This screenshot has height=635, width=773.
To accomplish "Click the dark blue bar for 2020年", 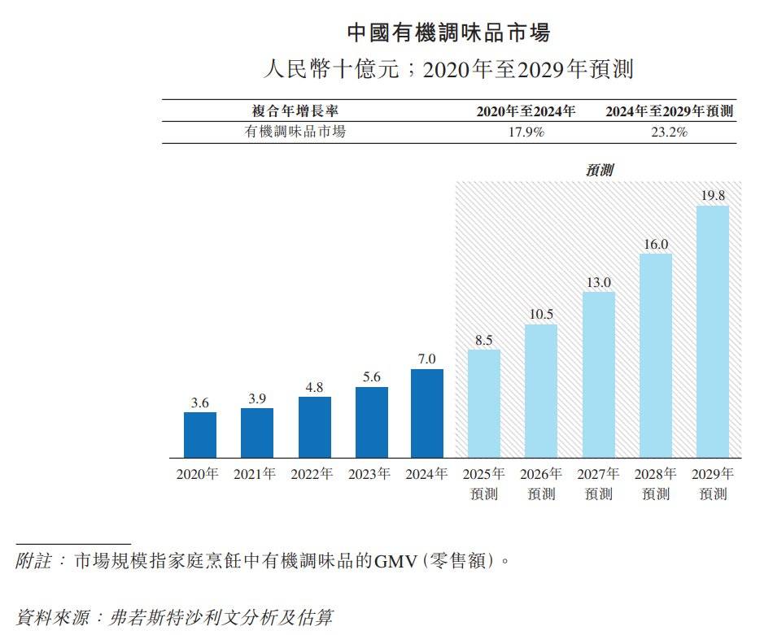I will click(x=200, y=435).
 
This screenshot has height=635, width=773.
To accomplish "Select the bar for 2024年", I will click(x=427, y=413).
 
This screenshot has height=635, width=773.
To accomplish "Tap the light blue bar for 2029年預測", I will click(x=713, y=332).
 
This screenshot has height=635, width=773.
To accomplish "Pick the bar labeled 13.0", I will click(x=599, y=375).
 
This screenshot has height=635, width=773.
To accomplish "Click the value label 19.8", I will click(x=713, y=195).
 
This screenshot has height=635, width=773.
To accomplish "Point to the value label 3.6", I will click(x=200, y=402).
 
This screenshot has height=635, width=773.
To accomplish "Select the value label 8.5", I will click(x=483, y=340).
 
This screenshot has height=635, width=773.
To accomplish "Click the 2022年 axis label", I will click(x=312, y=474).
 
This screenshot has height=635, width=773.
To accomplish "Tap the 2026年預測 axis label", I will click(x=541, y=484).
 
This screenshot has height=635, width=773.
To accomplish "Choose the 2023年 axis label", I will click(x=369, y=474).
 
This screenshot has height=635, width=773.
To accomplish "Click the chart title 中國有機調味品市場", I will click(x=449, y=33).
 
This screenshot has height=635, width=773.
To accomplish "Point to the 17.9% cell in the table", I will click(x=526, y=132).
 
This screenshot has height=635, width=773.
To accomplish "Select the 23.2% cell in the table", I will click(x=669, y=132).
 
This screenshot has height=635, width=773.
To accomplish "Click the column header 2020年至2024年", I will click(x=526, y=111).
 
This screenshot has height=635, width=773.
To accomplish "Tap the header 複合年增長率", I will click(x=295, y=111).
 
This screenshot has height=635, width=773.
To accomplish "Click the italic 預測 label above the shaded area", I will click(x=599, y=170).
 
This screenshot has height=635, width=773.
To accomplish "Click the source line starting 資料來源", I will click(x=174, y=617).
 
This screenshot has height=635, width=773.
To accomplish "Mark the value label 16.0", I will click(x=656, y=244).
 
